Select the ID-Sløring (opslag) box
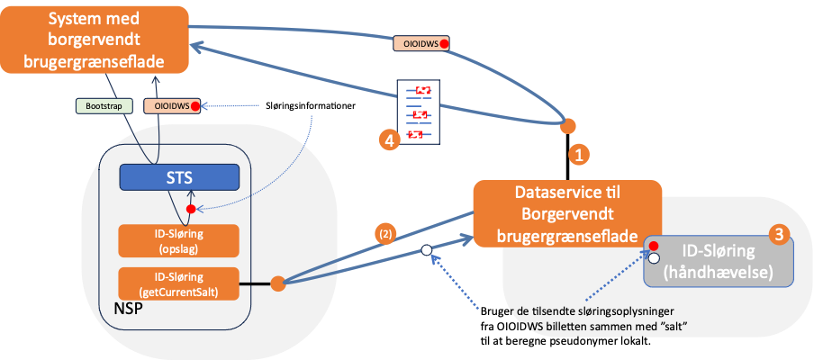pyautogui.click(x=178, y=240)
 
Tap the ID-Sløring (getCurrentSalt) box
pyautogui.click(x=178, y=283)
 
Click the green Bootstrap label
pyautogui.click(x=104, y=105)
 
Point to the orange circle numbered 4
pyautogui.click(x=389, y=140)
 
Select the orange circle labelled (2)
pyautogui.click(x=385, y=235)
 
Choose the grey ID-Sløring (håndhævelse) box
pyautogui.click(x=719, y=261)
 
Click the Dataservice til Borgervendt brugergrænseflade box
pyautogui.click(x=567, y=214)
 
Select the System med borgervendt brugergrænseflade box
pyautogui.click(x=94, y=41)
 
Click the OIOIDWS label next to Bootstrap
pyautogui.click(x=172, y=105)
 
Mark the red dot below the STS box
pyautogui.click(x=190, y=209)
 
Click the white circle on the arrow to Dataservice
pyautogui.click(x=427, y=252)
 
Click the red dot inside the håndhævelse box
pyautogui.click(x=653, y=246)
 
